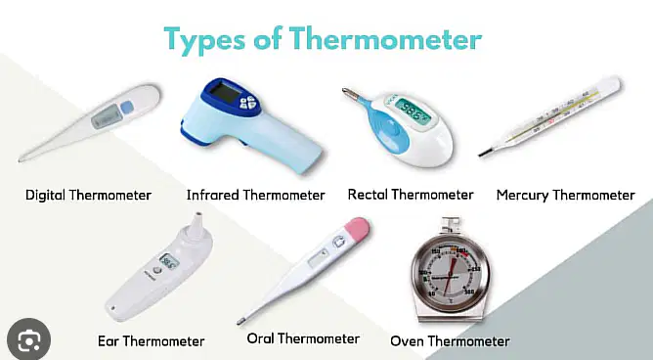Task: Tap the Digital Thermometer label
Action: (x=88, y=195)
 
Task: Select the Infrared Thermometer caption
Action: (x=256, y=195)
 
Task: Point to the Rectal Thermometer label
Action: (x=411, y=195)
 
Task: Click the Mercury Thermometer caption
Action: (x=566, y=195)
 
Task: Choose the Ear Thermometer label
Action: (x=152, y=341)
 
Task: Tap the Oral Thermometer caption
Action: (x=303, y=338)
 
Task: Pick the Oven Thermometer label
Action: (x=451, y=341)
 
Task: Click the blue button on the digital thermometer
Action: (x=127, y=108)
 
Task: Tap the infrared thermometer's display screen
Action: (x=225, y=92)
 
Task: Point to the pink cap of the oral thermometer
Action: (x=357, y=228)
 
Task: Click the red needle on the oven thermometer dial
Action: (x=450, y=274)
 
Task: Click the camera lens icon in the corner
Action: (x=28, y=340)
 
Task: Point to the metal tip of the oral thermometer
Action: (x=241, y=321)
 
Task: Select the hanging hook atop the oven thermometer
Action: (x=451, y=226)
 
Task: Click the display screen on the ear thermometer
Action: (x=169, y=261)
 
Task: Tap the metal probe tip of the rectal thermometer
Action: (x=350, y=93)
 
